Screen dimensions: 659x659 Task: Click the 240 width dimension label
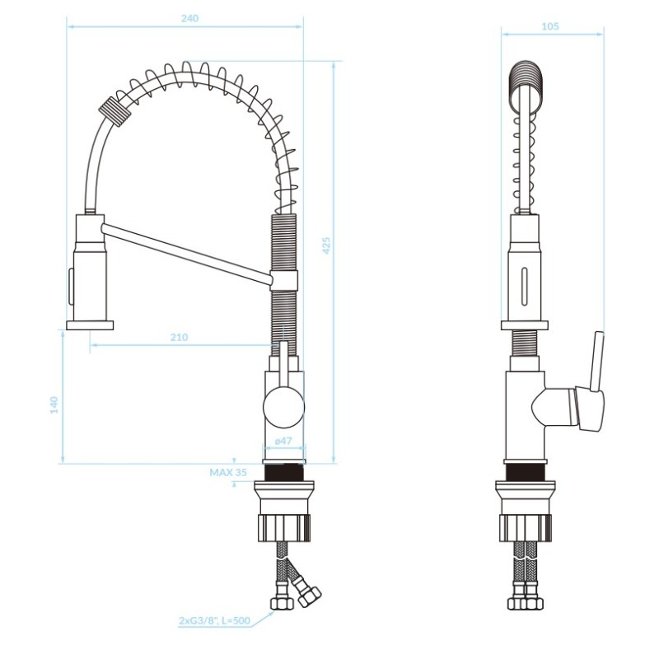[189, 18]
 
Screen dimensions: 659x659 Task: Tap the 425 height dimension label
[326, 245]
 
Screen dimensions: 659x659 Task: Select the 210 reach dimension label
[179, 337]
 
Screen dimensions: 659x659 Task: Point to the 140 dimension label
[54, 404]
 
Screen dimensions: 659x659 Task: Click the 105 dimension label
[550, 26]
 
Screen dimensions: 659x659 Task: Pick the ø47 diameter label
[283, 441]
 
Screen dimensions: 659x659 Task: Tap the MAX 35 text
[228, 472]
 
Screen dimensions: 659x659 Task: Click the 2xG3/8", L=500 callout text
[215, 620]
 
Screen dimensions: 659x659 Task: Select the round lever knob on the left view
[283, 408]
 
